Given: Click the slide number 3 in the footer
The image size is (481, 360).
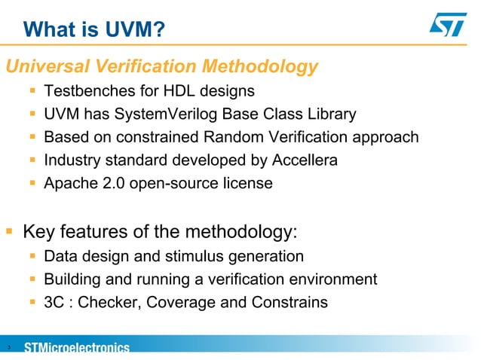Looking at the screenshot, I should click(7, 348).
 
